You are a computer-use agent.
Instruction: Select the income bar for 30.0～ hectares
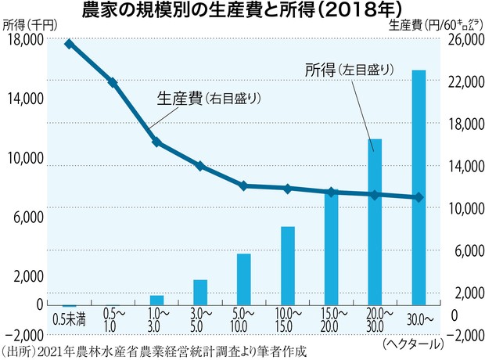click(x=419, y=188)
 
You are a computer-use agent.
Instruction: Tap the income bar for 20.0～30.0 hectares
click(x=375, y=222)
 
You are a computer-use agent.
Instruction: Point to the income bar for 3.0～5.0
click(x=200, y=293)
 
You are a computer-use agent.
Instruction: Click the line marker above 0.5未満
click(x=69, y=44)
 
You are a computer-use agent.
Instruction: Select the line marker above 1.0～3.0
click(x=156, y=142)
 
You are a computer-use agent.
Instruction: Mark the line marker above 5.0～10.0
click(x=244, y=185)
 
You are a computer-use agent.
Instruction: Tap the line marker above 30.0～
click(x=419, y=197)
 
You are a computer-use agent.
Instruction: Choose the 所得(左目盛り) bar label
click(x=348, y=70)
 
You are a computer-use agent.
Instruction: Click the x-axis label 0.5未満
click(x=69, y=319)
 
